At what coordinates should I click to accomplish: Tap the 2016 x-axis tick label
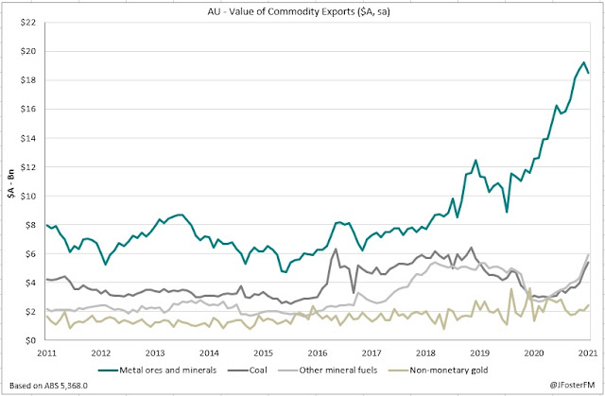click(318, 353)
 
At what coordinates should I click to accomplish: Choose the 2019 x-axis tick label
click(480, 353)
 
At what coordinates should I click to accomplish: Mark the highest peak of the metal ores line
click(583, 62)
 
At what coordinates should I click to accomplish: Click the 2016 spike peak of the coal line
click(337, 250)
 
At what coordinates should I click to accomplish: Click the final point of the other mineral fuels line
click(589, 254)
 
